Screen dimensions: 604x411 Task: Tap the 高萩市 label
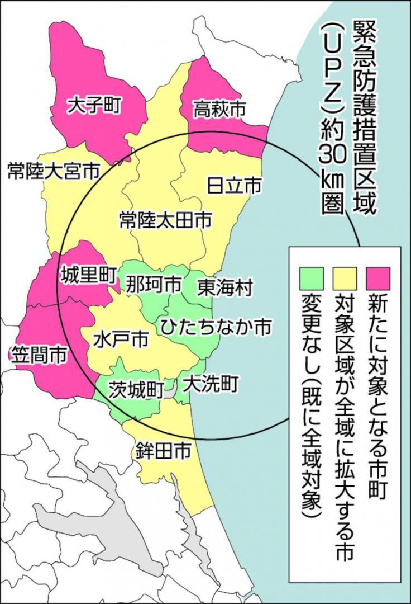pyautogui.click(x=220, y=110)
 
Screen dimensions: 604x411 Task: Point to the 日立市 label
pyautogui.click(x=234, y=185)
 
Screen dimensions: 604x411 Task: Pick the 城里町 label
pyautogui.click(x=88, y=275)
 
